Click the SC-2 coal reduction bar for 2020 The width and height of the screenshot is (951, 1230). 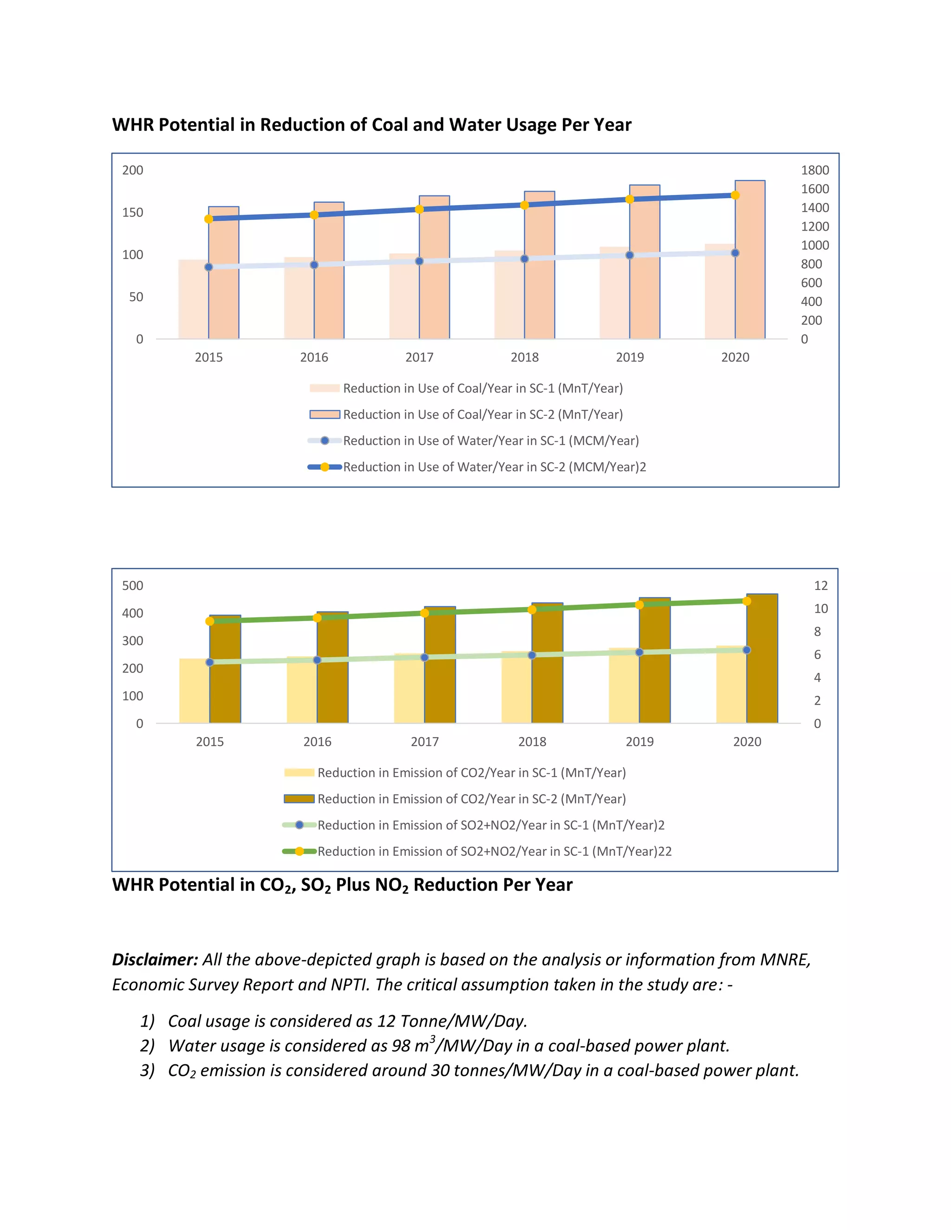click(x=750, y=265)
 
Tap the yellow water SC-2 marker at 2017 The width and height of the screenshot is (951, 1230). click(x=419, y=209)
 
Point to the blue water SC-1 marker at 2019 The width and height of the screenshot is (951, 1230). click(x=630, y=255)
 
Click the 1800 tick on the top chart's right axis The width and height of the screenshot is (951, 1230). click(x=814, y=170)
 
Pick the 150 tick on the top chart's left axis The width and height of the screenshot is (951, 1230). click(x=132, y=212)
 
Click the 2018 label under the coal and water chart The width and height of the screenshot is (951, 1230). click(x=525, y=357)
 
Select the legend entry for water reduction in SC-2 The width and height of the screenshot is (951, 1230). click(x=494, y=467)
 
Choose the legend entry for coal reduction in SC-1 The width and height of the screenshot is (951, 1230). click(x=482, y=388)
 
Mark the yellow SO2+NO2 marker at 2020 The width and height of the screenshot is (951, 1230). click(x=747, y=602)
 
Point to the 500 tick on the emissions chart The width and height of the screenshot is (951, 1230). click(x=132, y=586)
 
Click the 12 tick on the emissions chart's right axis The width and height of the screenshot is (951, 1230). click(x=821, y=586)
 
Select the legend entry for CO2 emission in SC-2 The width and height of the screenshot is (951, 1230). click(x=471, y=799)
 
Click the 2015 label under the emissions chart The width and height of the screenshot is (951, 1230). click(x=209, y=742)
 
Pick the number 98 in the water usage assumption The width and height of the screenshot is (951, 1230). click(x=401, y=1046)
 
